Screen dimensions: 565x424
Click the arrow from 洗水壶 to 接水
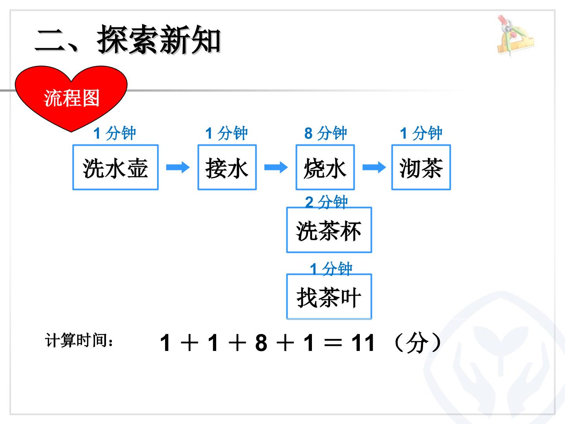[178, 167]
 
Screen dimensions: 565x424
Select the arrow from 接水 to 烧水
[276, 167]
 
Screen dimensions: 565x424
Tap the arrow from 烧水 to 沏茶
[374, 167]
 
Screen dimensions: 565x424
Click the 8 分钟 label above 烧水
[326, 133]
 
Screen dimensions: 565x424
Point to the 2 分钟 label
[326, 202]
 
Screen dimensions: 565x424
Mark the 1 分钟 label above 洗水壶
[115, 133]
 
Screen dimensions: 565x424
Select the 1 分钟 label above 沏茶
[421, 133]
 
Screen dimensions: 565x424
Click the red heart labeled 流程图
[71, 98]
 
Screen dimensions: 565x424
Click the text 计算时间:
[79, 340]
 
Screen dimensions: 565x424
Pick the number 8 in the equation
[261, 343]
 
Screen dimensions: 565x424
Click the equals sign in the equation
[333, 343]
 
